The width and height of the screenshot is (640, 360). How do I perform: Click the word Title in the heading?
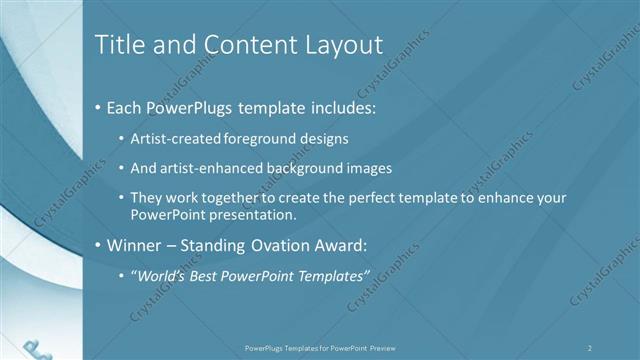click(118, 45)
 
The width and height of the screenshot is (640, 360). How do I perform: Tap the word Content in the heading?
click(245, 45)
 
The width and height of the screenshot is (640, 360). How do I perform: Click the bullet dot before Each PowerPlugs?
click(97, 107)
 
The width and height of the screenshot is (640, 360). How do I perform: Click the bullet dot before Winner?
click(97, 245)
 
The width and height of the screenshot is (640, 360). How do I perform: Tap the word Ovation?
click(284, 245)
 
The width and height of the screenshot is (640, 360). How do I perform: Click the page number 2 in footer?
click(590, 347)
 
